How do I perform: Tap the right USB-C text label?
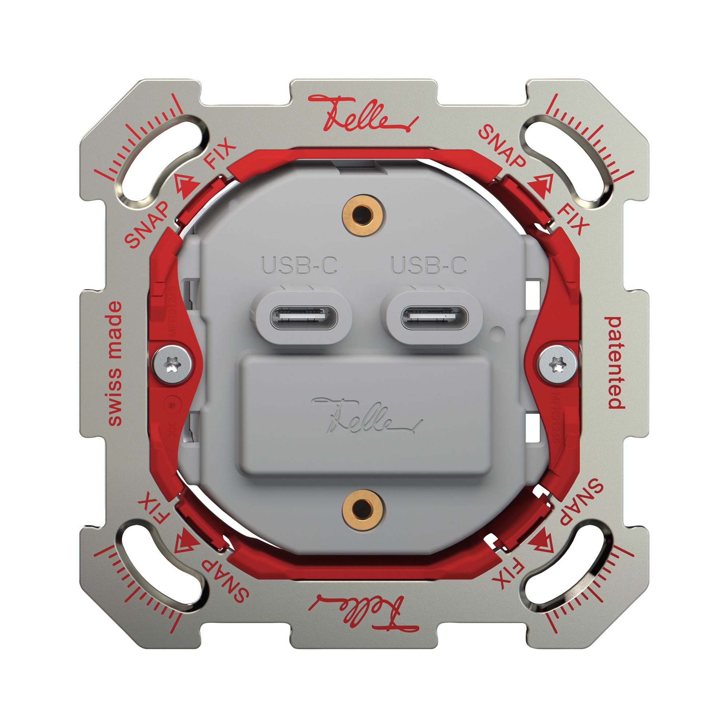[x=429, y=265]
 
